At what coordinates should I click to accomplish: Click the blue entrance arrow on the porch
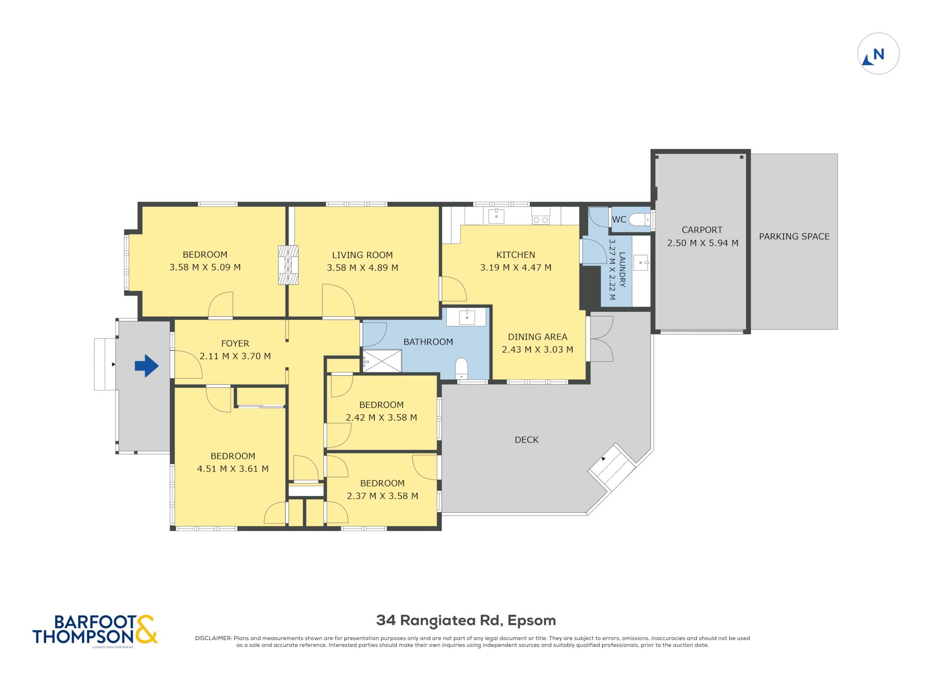pyautogui.click(x=147, y=365)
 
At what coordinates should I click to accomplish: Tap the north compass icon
pyautogui.click(x=878, y=54)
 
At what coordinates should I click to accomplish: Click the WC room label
pyautogui.click(x=619, y=219)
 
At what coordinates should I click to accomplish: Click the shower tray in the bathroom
pyautogui.click(x=382, y=361)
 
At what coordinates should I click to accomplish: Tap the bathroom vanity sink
pyautogui.click(x=466, y=317)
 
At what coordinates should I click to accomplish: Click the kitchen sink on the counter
pyautogui.click(x=496, y=216)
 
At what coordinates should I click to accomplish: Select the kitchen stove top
pyautogui.click(x=541, y=220)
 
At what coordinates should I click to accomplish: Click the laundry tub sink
pyautogui.click(x=641, y=263)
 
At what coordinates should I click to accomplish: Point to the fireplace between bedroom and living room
pyautogui.click(x=288, y=265)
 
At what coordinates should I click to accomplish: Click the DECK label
pyautogui.click(x=527, y=440)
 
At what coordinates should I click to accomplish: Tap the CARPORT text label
pyautogui.click(x=702, y=230)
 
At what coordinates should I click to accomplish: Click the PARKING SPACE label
pyautogui.click(x=794, y=236)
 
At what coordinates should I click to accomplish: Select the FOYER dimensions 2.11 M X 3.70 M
pyautogui.click(x=235, y=356)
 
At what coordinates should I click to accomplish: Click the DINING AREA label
pyautogui.click(x=537, y=337)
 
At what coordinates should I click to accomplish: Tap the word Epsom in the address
pyautogui.click(x=532, y=620)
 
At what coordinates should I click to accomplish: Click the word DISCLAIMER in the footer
pyautogui.click(x=213, y=638)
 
